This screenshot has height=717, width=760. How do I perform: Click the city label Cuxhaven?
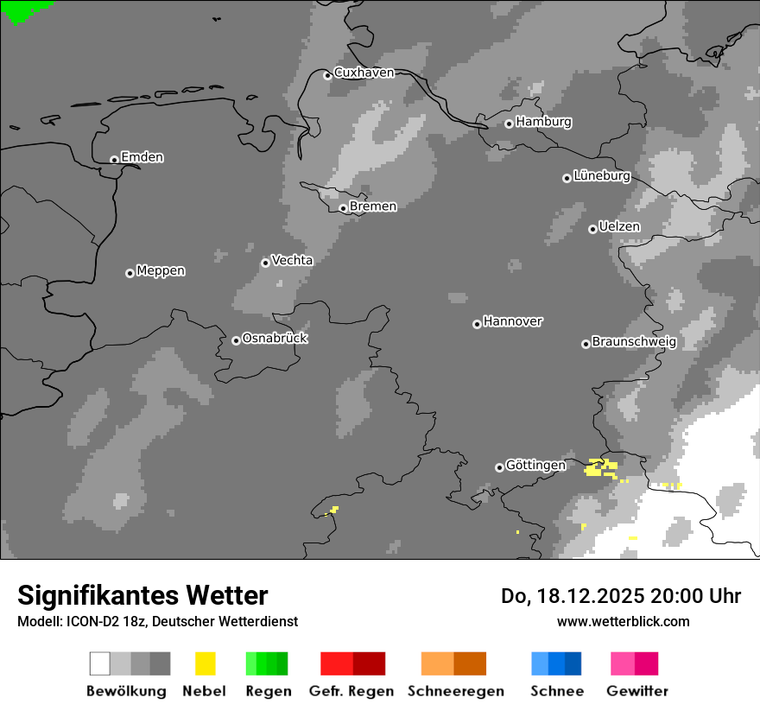pyautogui.click(x=364, y=73)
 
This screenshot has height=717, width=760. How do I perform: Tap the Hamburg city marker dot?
pyautogui.click(x=509, y=124)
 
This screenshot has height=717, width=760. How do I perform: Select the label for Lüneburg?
pyautogui.click(x=602, y=176)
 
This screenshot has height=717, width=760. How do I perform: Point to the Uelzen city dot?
pyautogui.click(x=592, y=229)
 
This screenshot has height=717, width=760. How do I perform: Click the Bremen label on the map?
pyautogui.click(x=373, y=206)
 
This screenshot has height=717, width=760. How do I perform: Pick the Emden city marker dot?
pyautogui.click(x=114, y=159)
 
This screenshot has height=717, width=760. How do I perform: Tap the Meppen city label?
pyautogui.click(x=161, y=271)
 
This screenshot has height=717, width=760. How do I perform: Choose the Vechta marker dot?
pyautogui.click(x=265, y=263)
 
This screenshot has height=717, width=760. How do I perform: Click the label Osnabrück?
pyautogui.click(x=275, y=339)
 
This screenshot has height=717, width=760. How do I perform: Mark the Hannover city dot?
pyautogui.click(x=477, y=324)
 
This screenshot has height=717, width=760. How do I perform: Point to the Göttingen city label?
pyautogui.click(x=535, y=466)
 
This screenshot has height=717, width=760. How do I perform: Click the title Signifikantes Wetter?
pyautogui.click(x=142, y=595)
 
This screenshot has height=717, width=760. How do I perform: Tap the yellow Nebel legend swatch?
pyautogui.click(x=206, y=663)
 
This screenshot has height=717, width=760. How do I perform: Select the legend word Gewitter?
pyautogui.click(x=637, y=691)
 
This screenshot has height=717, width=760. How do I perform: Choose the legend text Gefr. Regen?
pyautogui.click(x=351, y=691)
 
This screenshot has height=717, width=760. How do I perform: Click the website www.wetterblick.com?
pyautogui.click(x=623, y=621)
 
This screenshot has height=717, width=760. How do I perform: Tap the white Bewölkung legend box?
pyautogui.click(x=100, y=663)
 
